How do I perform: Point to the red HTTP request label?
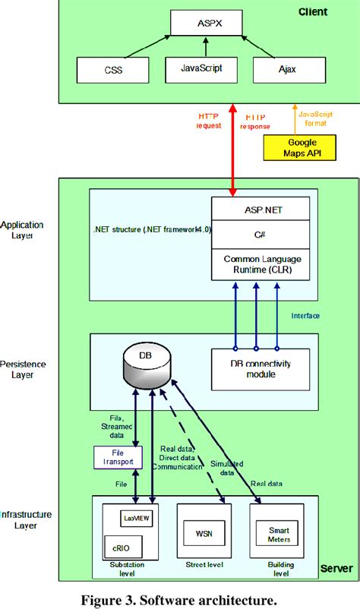209,120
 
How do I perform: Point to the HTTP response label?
255,121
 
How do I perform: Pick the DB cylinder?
146,367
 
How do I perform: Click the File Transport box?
113,456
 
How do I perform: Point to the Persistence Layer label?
22,369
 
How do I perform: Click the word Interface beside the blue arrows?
306,315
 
